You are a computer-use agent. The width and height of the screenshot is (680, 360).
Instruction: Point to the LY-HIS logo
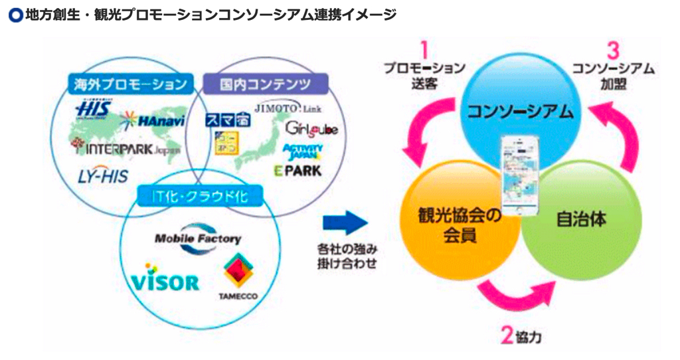click(x=104, y=175)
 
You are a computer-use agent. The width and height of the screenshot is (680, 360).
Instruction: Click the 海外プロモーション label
click(x=127, y=84)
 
